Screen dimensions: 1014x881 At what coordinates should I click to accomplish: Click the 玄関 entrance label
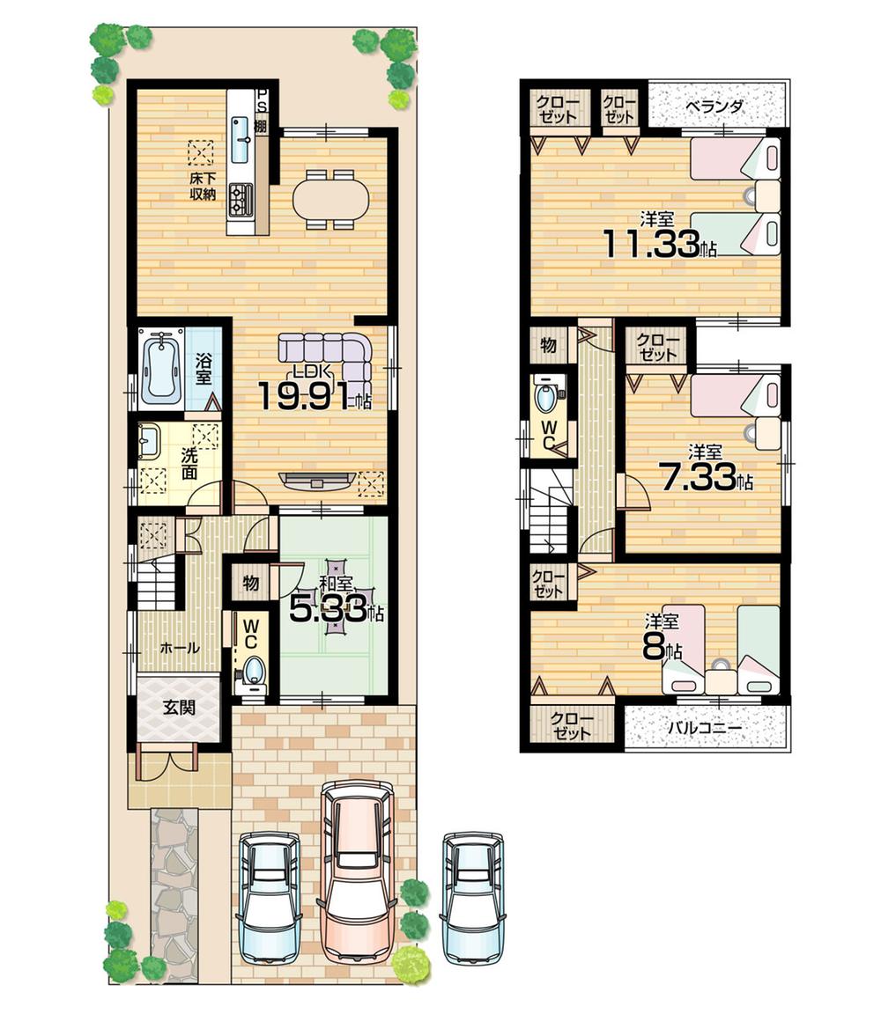point(179,707)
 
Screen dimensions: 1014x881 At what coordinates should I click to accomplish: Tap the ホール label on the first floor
point(179,648)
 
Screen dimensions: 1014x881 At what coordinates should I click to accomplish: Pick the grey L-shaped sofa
point(330,352)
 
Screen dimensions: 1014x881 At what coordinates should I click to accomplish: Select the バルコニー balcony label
point(704,729)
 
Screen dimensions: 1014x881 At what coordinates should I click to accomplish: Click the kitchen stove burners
point(241,199)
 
